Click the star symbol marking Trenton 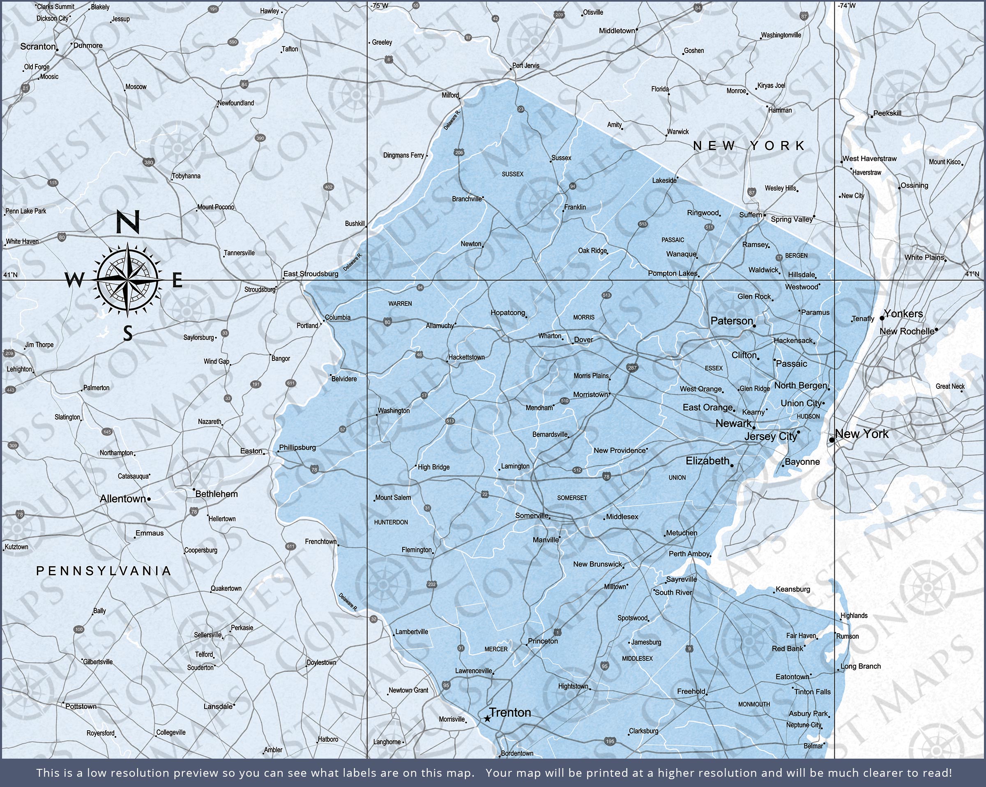(x=487, y=719)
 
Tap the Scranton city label (x=38, y=47)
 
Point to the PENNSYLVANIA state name (x=104, y=570)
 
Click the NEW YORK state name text (x=749, y=145)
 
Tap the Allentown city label (x=122, y=499)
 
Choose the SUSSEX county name (x=512, y=174)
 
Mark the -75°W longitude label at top (x=380, y=6)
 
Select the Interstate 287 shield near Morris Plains (x=633, y=367)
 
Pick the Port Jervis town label (x=525, y=65)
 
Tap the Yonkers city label (x=903, y=314)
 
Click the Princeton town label (x=543, y=641)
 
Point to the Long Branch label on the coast (x=860, y=666)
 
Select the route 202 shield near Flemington (x=432, y=584)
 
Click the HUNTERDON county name (x=391, y=522)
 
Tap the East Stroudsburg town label (x=311, y=274)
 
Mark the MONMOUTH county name (x=754, y=704)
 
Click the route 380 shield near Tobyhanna (x=149, y=162)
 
